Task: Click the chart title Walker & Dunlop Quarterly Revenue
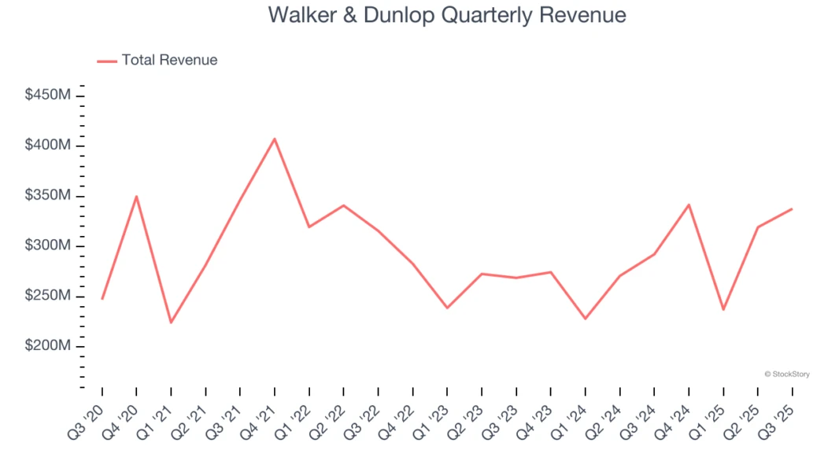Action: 447,15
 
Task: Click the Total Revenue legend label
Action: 169,60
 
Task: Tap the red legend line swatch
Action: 107,61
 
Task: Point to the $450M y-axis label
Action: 48,95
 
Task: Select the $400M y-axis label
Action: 48,146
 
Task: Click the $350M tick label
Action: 48,196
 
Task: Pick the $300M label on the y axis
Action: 48,246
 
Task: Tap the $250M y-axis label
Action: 48,296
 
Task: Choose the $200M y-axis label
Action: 48,346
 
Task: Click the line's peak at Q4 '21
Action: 275,139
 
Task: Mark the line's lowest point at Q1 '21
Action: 171,323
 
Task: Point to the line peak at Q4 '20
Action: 136,197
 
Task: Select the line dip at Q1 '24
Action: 585,319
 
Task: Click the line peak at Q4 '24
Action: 689,205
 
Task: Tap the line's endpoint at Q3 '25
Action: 792,209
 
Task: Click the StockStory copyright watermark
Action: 786,374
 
